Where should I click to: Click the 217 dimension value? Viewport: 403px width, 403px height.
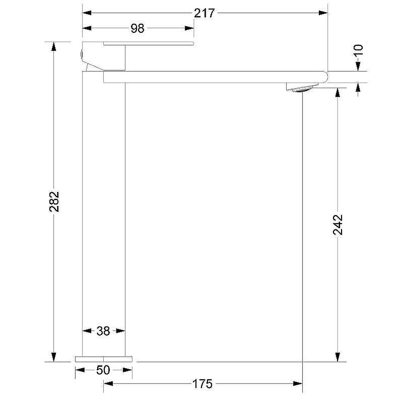(204, 14)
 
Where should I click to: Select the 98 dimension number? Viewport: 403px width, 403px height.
(138, 28)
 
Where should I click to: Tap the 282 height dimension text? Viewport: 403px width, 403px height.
(54, 201)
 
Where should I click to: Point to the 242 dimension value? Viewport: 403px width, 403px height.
(338, 224)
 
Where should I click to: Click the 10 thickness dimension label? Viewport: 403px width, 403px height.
(359, 50)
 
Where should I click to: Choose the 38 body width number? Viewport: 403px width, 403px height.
(103, 331)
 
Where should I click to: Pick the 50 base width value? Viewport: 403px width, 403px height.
(103, 370)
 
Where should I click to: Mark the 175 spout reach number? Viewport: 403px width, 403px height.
(203, 384)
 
